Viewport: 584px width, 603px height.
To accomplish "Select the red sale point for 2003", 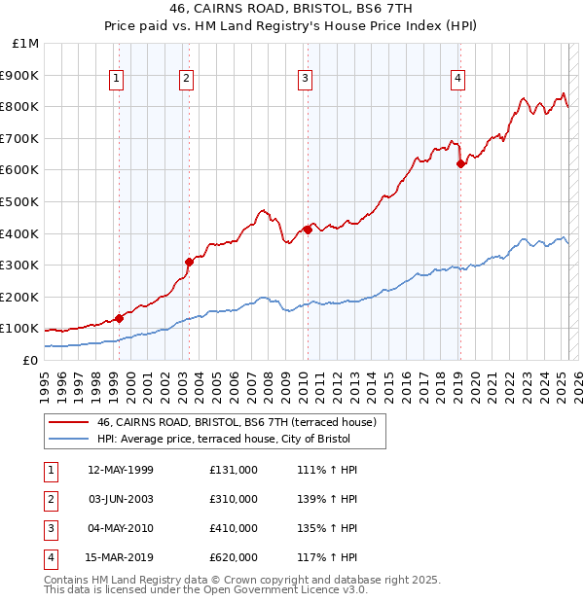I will pos(190,262).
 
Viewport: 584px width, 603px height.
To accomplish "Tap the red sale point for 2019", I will pos(460,163).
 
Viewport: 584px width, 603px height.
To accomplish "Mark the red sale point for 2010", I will pos(308,230).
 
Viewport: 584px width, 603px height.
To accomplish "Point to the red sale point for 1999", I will pos(120,318).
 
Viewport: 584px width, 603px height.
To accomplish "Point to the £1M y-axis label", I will pos(25,44).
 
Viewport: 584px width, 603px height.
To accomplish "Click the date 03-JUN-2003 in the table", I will pos(121,499).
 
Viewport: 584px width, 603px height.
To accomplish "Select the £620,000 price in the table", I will pos(234,557).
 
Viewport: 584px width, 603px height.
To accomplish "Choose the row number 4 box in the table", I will pos(50,557).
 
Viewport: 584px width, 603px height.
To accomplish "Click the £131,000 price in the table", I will pos(234,470).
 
